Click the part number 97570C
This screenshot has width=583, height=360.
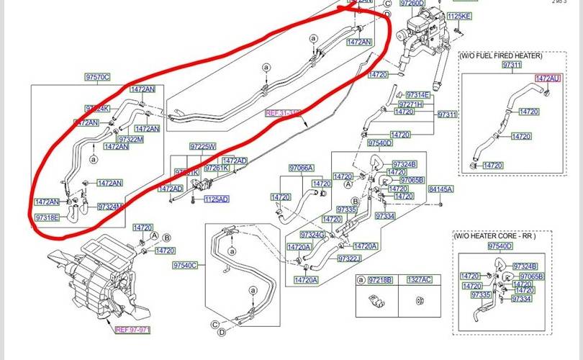tap(98, 77)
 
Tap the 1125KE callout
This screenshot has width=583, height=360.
tap(459, 16)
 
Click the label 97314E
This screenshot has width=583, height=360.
tap(417, 95)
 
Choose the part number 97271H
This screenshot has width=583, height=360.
tap(411, 104)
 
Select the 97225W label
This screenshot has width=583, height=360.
tap(202, 146)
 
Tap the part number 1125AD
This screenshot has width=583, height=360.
tap(216, 199)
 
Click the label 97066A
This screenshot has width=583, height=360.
tap(302, 168)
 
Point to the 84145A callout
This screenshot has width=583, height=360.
tap(440, 189)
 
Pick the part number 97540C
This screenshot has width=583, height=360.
tap(184, 266)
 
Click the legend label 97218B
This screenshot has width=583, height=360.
tap(379, 279)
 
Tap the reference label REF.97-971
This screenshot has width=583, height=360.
tap(133, 330)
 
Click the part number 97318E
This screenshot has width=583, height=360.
tap(48, 217)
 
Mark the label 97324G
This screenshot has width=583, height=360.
tap(313, 235)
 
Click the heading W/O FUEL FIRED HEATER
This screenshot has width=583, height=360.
tap(501, 55)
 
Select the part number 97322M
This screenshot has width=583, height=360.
tap(131, 139)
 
